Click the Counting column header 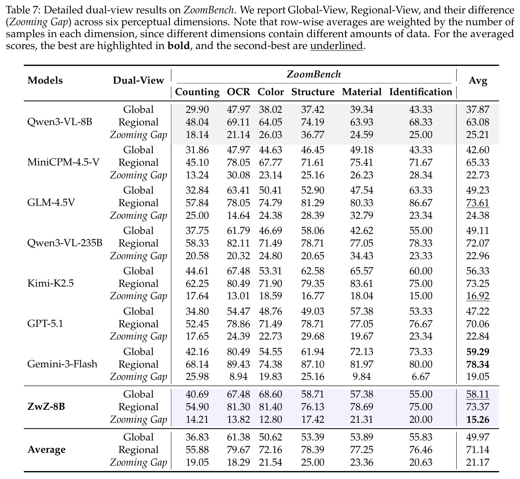[x=197, y=92]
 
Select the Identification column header [x=421, y=92]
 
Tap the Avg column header [x=478, y=81]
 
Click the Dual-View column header [x=138, y=80]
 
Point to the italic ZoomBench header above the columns [x=314, y=75]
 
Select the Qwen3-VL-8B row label [x=59, y=122]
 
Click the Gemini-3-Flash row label [x=62, y=364]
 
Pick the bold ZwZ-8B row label [x=46, y=407]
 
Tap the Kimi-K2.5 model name [x=50, y=283]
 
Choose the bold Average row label [x=46, y=449]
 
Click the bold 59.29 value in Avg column [x=478, y=352]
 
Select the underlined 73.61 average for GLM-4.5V [x=478, y=203]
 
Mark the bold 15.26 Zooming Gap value [x=478, y=420]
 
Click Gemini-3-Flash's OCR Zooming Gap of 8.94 [x=239, y=377]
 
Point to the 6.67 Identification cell [x=421, y=377]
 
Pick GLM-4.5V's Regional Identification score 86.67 [x=421, y=203]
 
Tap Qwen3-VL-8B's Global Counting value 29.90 [x=197, y=110]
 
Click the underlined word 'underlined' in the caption [x=337, y=46]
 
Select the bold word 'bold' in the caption [x=179, y=46]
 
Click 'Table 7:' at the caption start [x=23, y=10]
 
